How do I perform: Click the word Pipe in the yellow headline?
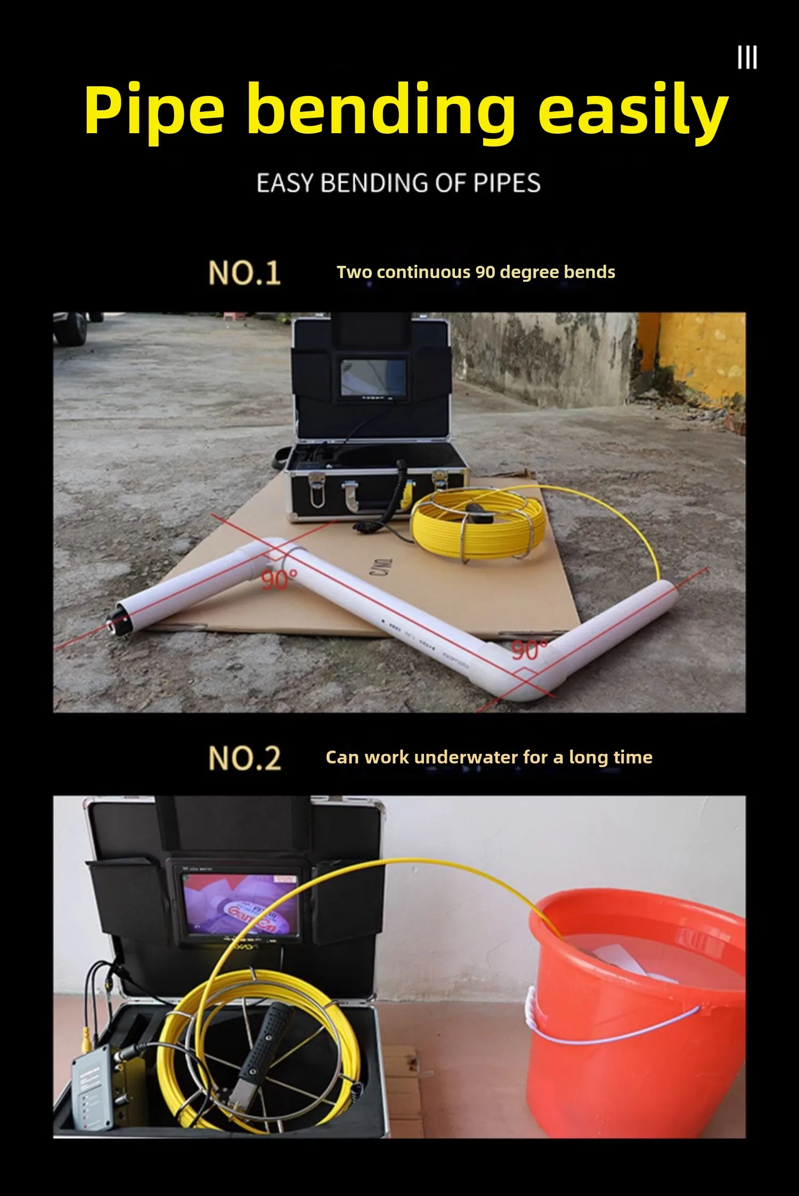coord(154,111)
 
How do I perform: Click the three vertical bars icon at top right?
coord(747,58)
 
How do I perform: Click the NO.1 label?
coord(244,273)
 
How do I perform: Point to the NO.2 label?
coord(244,758)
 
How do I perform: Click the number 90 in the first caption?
coord(485,272)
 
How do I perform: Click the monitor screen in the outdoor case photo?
coord(373,377)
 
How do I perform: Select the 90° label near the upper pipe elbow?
coord(279,580)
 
